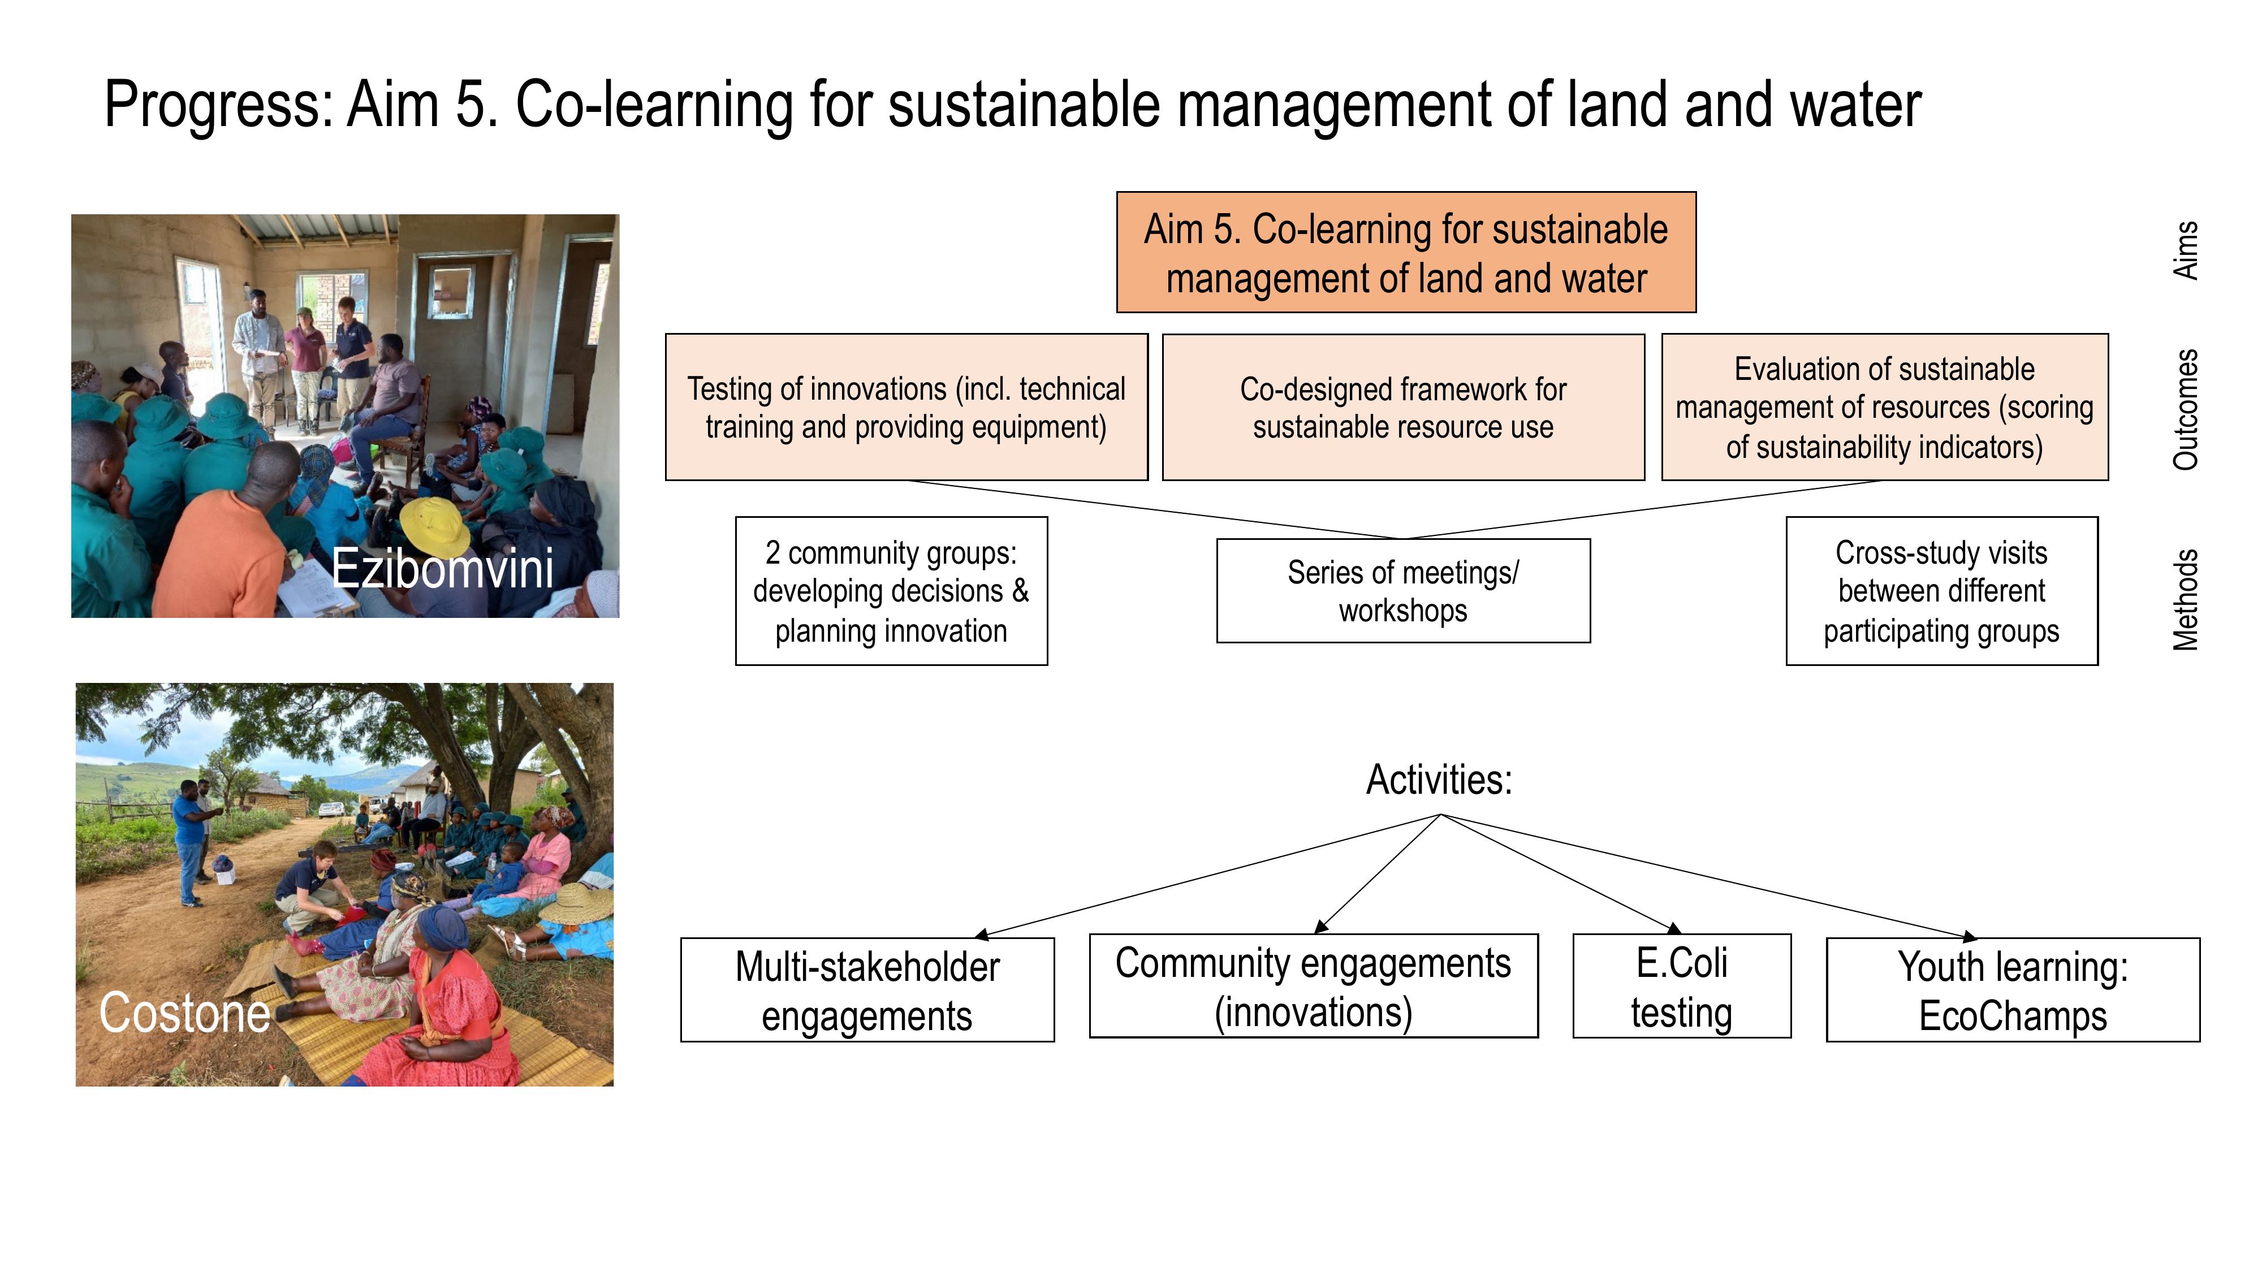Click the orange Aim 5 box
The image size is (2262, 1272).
coord(1406,252)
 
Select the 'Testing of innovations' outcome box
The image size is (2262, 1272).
coord(906,407)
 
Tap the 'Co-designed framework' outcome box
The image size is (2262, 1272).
coord(1403,407)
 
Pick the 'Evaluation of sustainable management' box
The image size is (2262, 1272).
coord(1884,407)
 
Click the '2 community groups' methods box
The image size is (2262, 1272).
coord(891,591)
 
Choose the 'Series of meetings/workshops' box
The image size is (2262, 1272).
coord(1403,591)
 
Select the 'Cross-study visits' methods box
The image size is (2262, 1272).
coord(1941,591)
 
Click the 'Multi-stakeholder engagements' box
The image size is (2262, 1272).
coord(867,990)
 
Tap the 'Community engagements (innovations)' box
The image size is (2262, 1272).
coord(1314,986)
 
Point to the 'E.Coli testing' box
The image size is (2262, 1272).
coord(1682,986)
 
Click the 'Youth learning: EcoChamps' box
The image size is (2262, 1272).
coord(2013,990)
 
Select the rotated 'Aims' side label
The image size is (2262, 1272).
coord(2186,250)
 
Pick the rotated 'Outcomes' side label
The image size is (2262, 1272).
coord(2186,410)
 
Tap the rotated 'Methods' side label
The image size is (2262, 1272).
coord(2186,600)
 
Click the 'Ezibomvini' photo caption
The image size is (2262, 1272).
coord(443,568)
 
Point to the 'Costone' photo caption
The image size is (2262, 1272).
coord(184,1013)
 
